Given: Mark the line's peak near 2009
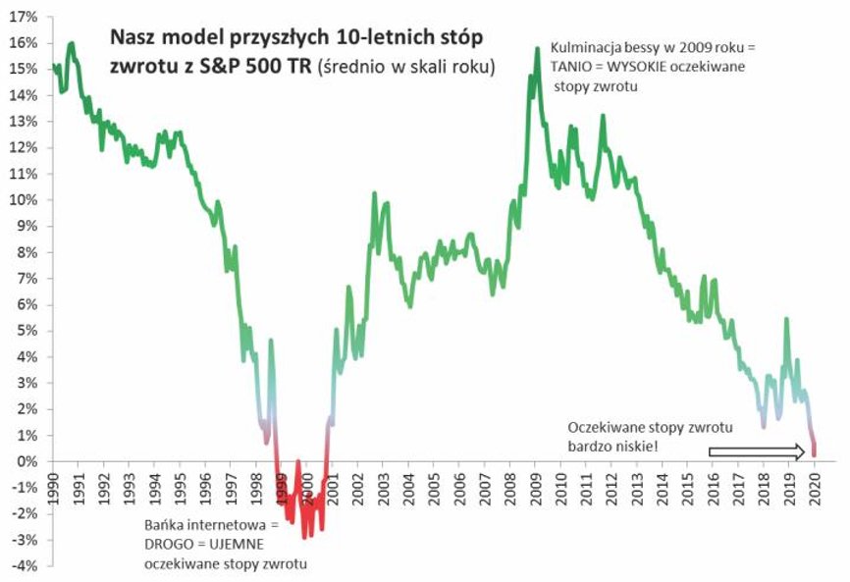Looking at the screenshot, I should click(x=537, y=48).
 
